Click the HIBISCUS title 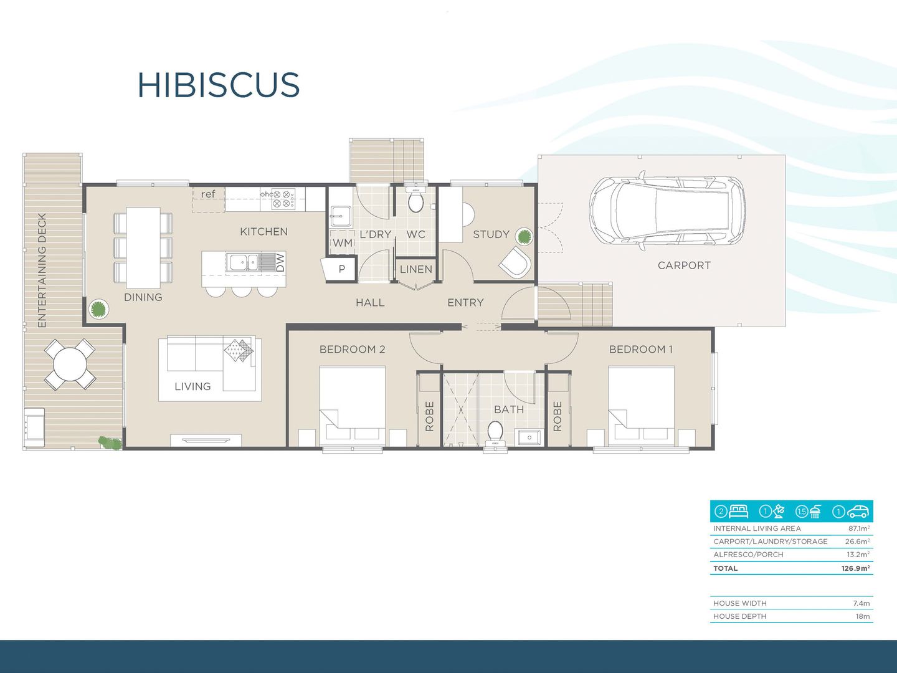(x=219, y=85)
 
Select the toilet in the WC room (x=415, y=201)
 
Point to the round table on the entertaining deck (x=70, y=365)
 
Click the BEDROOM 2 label (x=352, y=350)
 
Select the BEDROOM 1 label (x=640, y=350)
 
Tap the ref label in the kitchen (x=208, y=194)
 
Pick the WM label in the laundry (x=342, y=242)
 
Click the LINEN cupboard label (x=415, y=269)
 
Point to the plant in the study (x=524, y=237)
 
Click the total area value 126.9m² (x=855, y=568)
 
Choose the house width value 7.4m (x=861, y=603)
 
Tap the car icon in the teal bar (x=858, y=512)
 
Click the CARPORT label (x=684, y=265)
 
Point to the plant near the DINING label (x=98, y=308)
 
